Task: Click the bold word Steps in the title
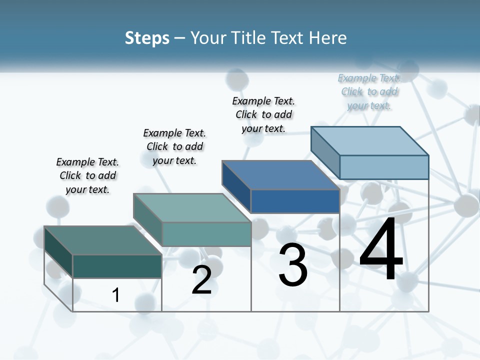point(147,38)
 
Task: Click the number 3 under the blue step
point(293,265)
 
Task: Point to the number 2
point(201,280)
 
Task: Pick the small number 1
point(116,295)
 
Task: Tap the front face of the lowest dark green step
point(117,266)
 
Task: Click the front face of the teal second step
point(206,234)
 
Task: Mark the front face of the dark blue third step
point(295,201)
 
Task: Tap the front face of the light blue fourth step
point(384,167)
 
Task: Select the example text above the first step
point(87,175)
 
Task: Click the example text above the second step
point(174,146)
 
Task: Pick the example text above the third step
point(263,114)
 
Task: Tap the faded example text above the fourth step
point(369,91)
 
